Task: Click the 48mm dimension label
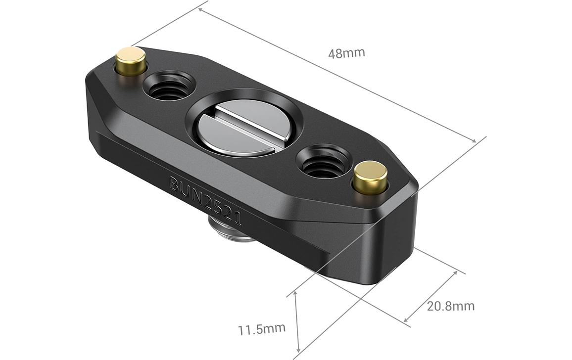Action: pyautogui.click(x=346, y=53)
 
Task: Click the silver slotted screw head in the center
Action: pyautogui.click(x=236, y=127)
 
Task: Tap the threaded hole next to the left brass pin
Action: pyautogui.click(x=168, y=86)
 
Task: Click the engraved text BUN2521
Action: pyautogui.click(x=205, y=199)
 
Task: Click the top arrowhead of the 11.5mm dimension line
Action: pyautogui.click(x=296, y=293)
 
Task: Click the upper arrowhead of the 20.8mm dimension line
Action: pyautogui.click(x=454, y=273)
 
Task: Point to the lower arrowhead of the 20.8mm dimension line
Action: pyautogui.click(x=406, y=320)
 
